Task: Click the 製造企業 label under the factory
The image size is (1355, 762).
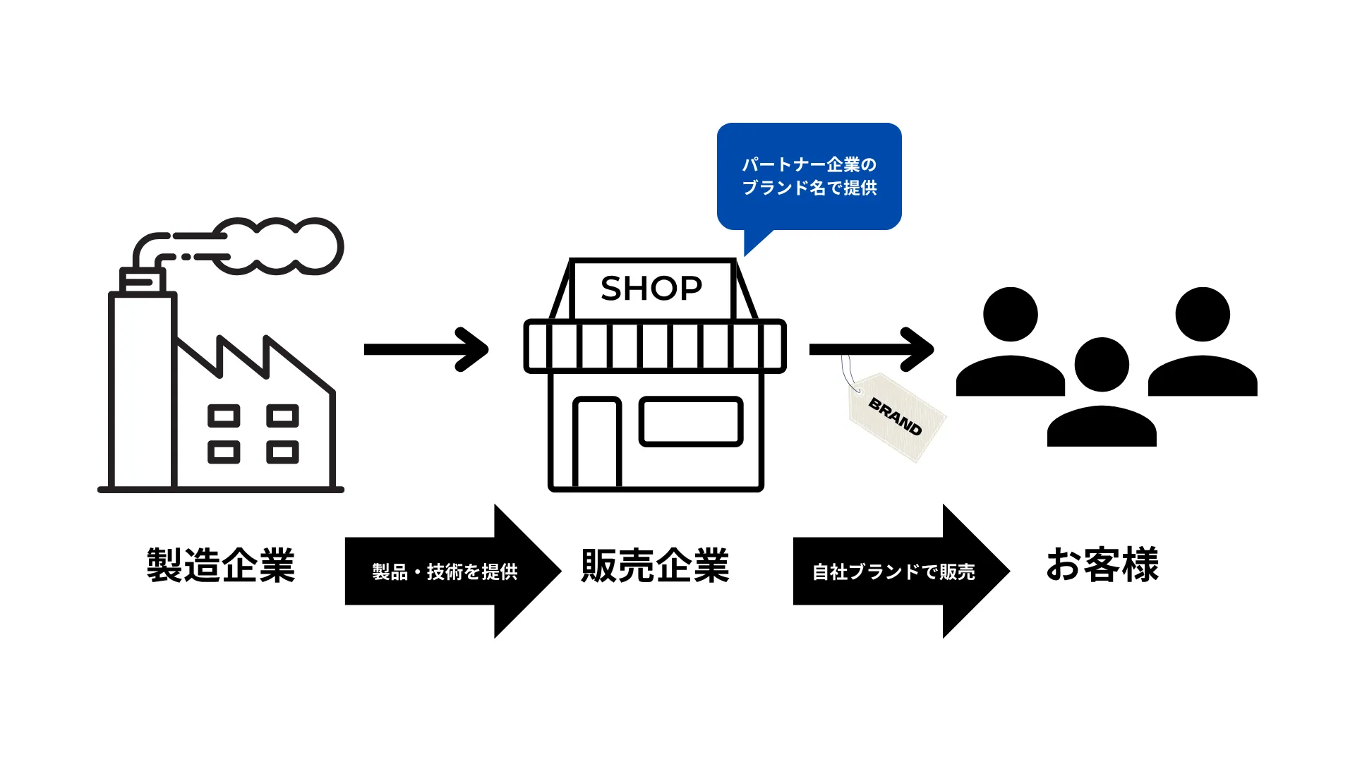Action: coord(220,565)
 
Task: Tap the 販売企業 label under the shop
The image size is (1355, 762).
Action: coord(655,565)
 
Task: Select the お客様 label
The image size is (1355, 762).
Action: coord(1102,564)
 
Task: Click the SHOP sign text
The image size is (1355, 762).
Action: coord(651,289)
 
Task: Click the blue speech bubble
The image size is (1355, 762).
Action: coord(809,176)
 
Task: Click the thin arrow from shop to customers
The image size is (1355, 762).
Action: coord(872,349)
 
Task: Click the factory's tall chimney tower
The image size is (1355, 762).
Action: coord(142,388)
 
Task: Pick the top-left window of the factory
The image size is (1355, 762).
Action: coord(224,416)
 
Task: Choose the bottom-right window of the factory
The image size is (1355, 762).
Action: coord(282,452)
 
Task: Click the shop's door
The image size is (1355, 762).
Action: coord(597,443)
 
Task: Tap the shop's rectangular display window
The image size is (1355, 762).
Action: coord(691,422)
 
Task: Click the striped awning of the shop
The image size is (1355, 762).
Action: coord(655,346)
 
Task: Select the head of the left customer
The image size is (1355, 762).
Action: coord(1011,314)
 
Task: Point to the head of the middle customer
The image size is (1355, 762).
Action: coord(1102,364)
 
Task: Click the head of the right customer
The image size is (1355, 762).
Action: coord(1203,314)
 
